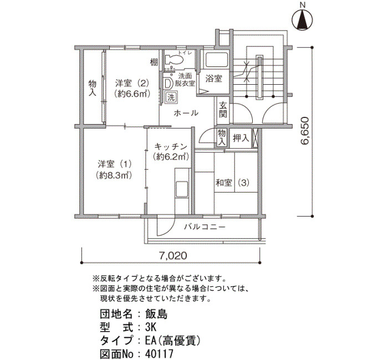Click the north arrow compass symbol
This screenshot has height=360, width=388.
(303, 20)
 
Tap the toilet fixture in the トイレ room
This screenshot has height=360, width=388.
(174, 59)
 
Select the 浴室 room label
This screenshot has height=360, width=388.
(213, 79)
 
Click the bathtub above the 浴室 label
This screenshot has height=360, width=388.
(217, 60)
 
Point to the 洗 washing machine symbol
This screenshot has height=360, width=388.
(171, 97)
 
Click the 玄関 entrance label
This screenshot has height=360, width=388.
(223, 110)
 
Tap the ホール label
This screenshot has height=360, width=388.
(186, 113)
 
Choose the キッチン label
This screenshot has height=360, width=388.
(171, 147)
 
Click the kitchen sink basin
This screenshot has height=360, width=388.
(182, 188)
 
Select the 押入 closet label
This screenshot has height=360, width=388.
(241, 138)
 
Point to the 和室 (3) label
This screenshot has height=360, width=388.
(232, 183)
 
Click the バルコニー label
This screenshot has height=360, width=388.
(205, 227)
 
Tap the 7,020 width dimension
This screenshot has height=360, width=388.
(173, 255)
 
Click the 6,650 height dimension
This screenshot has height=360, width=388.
(304, 131)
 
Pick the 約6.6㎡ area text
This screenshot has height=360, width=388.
(132, 94)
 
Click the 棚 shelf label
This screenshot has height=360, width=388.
(154, 62)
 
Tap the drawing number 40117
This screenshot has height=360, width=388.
(159, 354)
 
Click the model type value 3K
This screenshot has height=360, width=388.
(150, 328)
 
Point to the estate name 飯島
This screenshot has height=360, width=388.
(156, 314)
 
